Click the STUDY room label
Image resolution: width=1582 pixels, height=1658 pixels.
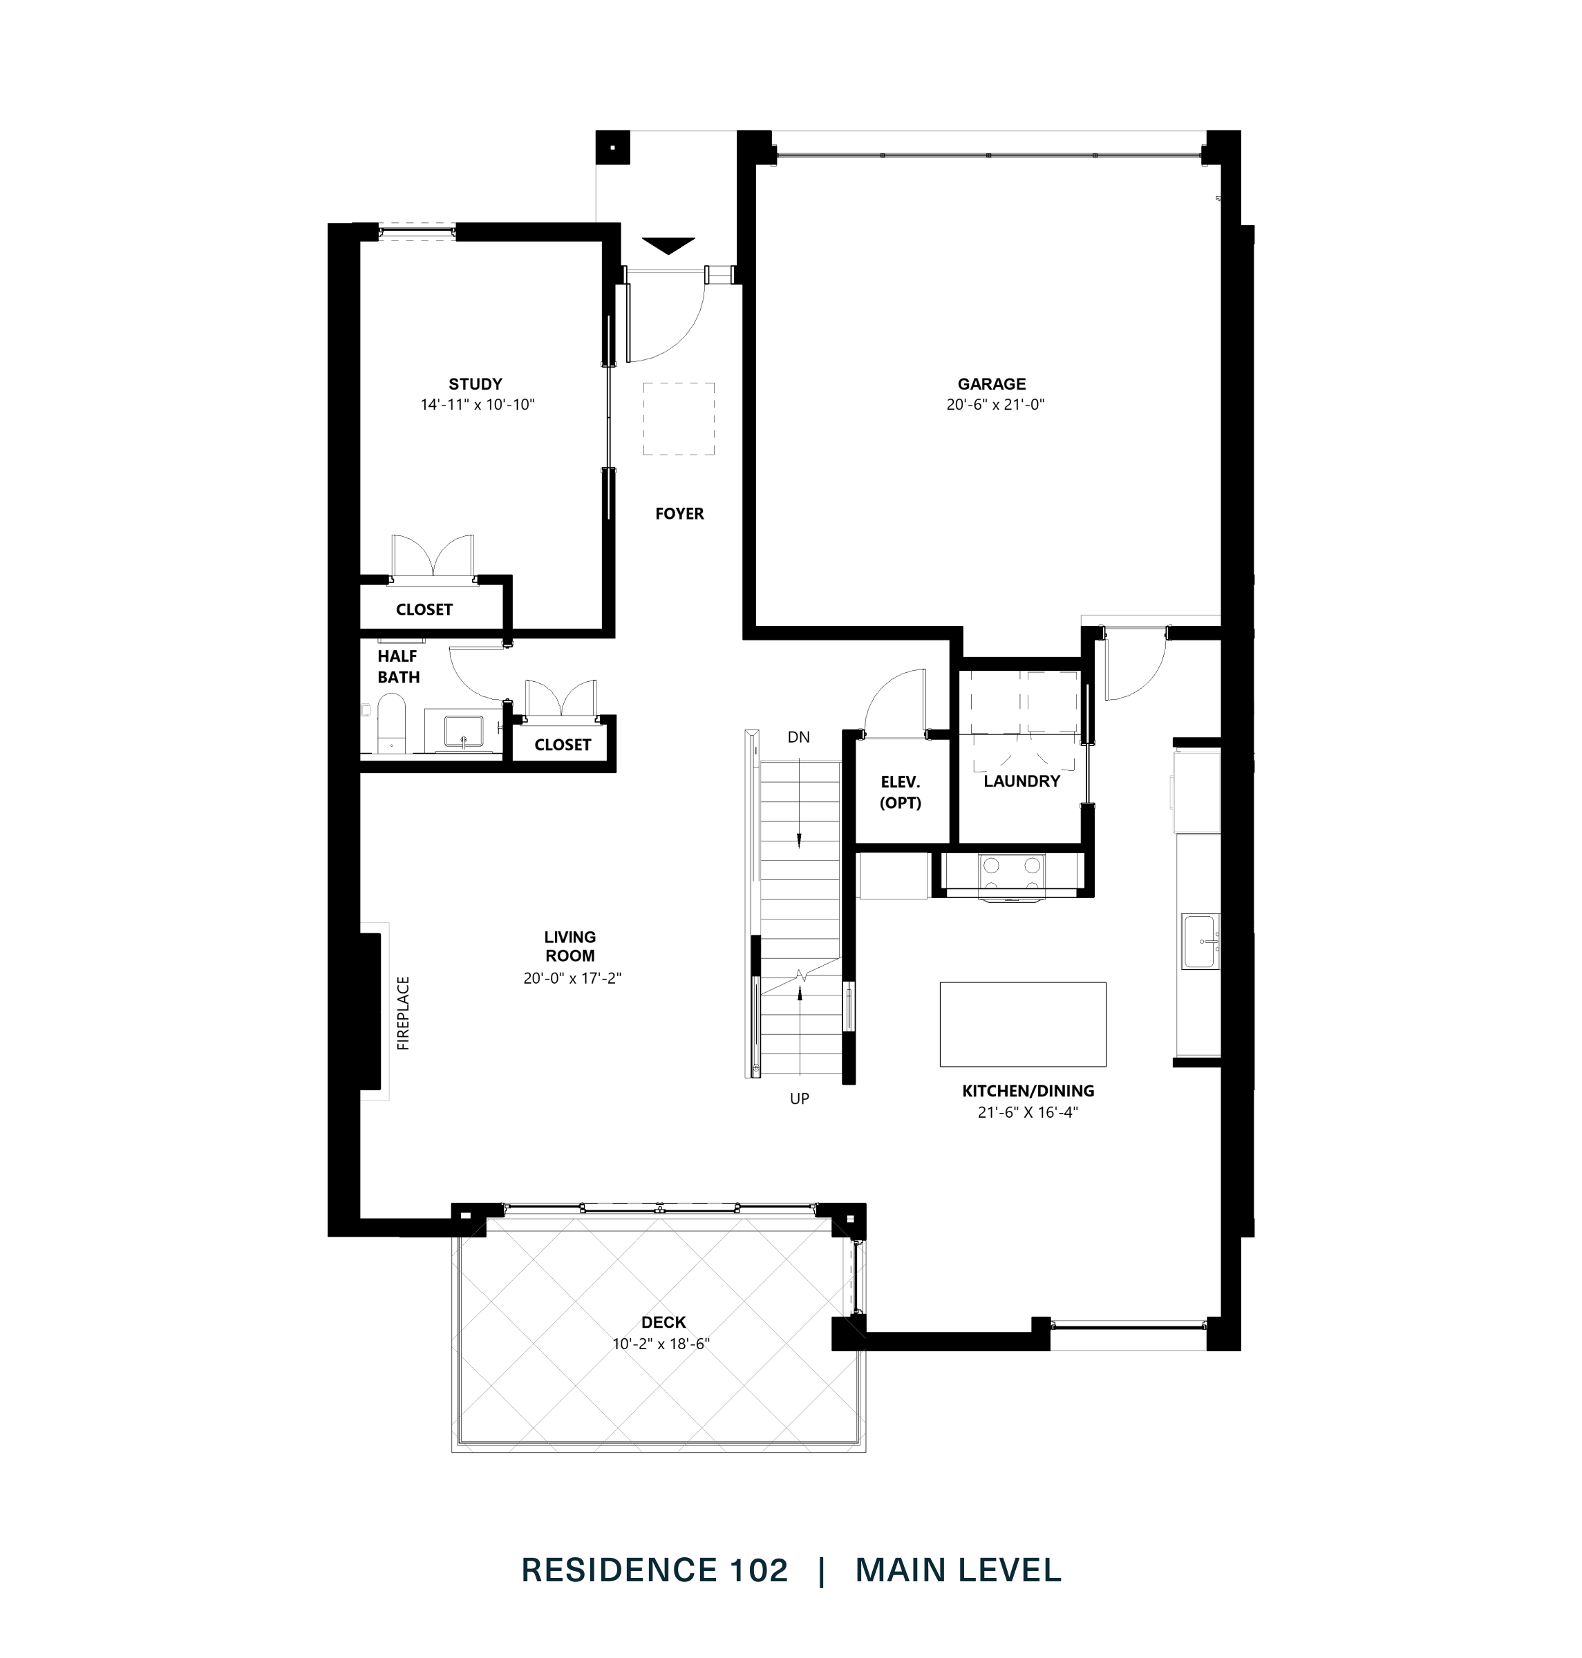pyautogui.click(x=475, y=384)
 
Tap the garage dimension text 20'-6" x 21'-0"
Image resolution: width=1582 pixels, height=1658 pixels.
pyautogui.click(x=995, y=405)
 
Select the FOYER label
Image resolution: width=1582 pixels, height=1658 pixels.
pyautogui.click(x=679, y=513)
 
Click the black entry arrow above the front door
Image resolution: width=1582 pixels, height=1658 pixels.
pyautogui.click(x=668, y=245)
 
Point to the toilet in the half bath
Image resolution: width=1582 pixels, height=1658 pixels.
pyautogui.click(x=390, y=723)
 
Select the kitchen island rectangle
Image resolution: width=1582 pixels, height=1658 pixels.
pyautogui.click(x=1022, y=1024)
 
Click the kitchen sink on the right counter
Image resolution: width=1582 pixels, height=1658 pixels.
pyautogui.click(x=1199, y=941)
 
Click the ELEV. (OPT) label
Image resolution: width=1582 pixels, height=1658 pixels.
pyautogui.click(x=900, y=792)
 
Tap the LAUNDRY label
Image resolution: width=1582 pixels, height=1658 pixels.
pyautogui.click(x=1021, y=781)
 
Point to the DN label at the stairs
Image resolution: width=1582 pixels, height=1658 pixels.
pyautogui.click(x=798, y=738)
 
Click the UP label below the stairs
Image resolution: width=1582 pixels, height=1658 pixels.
pyautogui.click(x=798, y=1098)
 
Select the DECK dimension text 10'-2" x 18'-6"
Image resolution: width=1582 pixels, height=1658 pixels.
pyautogui.click(x=661, y=1344)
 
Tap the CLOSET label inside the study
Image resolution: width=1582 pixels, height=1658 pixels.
pyautogui.click(x=424, y=609)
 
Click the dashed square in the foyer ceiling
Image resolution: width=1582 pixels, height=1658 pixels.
pyautogui.click(x=679, y=419)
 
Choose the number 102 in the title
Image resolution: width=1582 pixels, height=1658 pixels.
pyautogui.click(x=755, y=1570)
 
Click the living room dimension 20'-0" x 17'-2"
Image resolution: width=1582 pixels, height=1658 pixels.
pyautogui.click(x=572, y=979)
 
